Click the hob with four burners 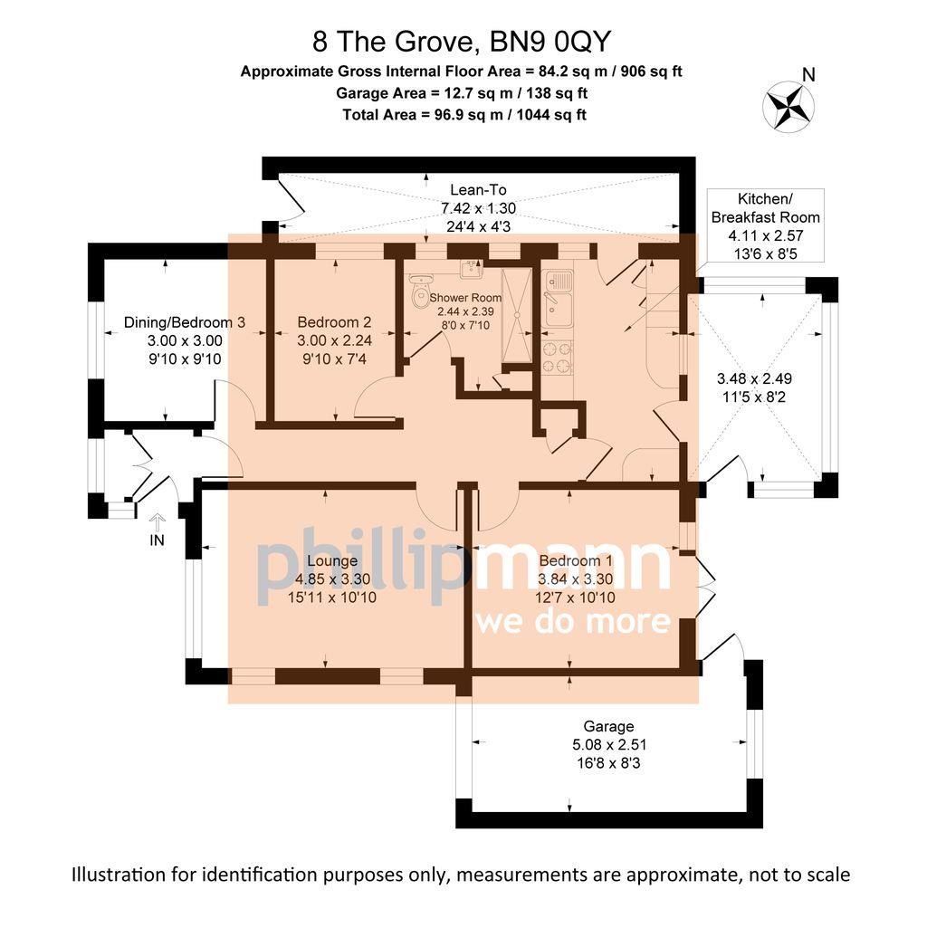pyautogui.click(x=556, y=357)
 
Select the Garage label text pyautogui.click(x=608, y=726)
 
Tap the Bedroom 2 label pyautogui.click(x=334, y=321)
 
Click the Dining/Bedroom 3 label pyautogui.click(x=185, y=321)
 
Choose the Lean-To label pyautogui.click(x=477, y=190)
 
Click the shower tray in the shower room pyautogui.click(x=519, y=313)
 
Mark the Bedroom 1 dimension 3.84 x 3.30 pyautogui.click(x=575, y=580)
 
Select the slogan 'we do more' pyautogui.click(x=572, y=622)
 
